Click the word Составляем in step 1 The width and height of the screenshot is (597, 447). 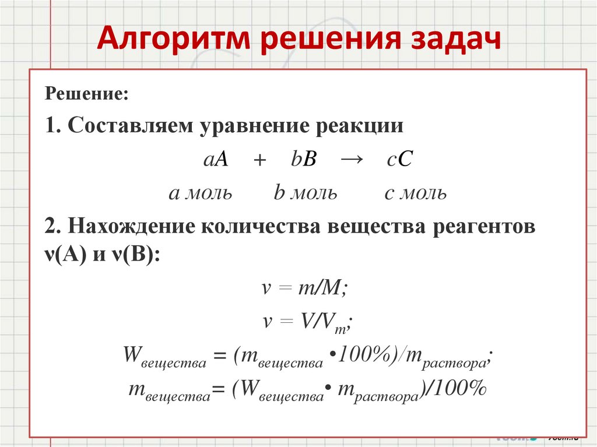[132, 127]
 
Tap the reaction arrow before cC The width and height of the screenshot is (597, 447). [350, 161]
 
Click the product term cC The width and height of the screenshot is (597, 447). [399, 161]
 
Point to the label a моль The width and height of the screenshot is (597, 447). [201, 193]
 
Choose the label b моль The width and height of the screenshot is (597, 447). [305, 193]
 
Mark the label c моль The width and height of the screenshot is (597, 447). [415, 193]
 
